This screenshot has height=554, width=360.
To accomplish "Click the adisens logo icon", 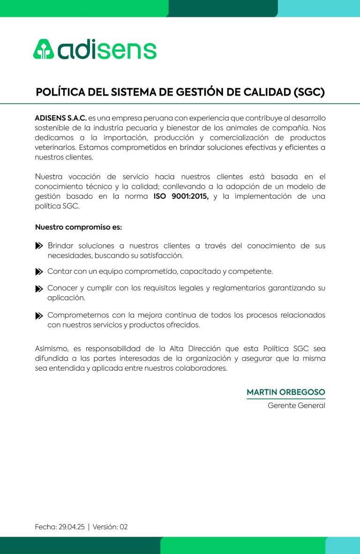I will pyautogui.click(x=44, y=49).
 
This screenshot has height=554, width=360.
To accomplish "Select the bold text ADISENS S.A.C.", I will pyautogui.click(x=61, y=118).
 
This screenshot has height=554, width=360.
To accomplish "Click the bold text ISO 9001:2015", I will pyautogui.click(x=181, y=196).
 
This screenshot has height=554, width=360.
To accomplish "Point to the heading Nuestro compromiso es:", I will pyautogui.click(x=78, y=227).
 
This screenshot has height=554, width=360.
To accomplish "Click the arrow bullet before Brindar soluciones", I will pyautogui.click(x=39, y=246).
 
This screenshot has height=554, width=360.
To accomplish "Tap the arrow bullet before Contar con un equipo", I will pyautogui.click(x=39, y=272).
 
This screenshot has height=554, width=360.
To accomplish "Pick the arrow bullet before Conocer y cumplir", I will pyautogui.click(x=39, y=289).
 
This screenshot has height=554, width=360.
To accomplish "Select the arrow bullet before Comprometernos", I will pyautogui.click(x=39, y=316).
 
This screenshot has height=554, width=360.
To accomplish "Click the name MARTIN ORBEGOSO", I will pyautogui.click(x=286, y=392).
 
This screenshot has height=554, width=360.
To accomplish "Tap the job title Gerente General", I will pyautogui.click(x=296, y=405).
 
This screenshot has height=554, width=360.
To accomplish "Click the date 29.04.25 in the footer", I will pyautogui.click(x=72, y=527).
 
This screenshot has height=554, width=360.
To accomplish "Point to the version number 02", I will pyautogui.click(x=123, y=527).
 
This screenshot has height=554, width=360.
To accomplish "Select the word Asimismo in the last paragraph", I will pyautogui.click(x=52, y=349).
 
